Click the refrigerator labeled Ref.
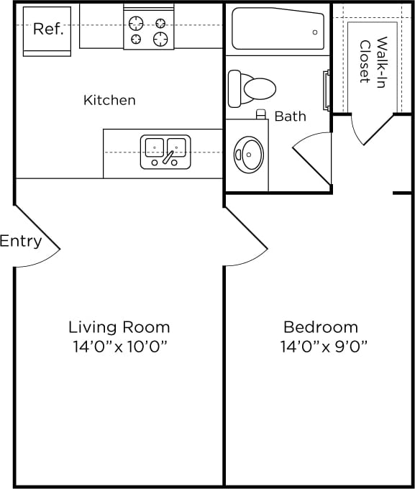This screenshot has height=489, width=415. coord(47,31)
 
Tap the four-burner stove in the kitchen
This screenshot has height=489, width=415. coord(148,29)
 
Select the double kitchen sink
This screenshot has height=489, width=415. coord(165,151)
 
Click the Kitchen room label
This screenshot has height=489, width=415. coord(109,100)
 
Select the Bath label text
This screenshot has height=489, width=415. coord(290,116)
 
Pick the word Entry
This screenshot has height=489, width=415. coord(21,241)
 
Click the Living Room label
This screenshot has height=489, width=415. coord(119,327)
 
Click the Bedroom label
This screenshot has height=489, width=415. coord(320,327)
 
